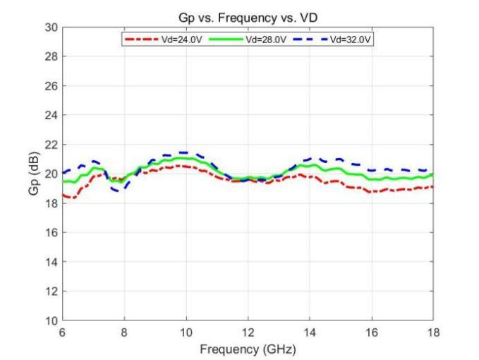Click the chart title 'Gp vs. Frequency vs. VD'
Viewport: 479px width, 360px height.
(x=248, y=17)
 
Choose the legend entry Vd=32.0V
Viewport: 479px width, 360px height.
(x=351, y=39)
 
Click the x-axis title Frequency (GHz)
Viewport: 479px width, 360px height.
(x=248, y=349)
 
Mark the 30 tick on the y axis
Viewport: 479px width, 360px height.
(x=51, y=27)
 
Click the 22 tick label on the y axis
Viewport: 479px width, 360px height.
(x=51, y=144)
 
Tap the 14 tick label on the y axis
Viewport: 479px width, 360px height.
(x=51, y=262)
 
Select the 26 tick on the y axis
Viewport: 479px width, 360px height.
(x=51, y=85)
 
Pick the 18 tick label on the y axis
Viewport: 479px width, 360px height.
(x=51, y=203)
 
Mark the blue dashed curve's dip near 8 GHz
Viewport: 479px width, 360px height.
(x=116, y=191)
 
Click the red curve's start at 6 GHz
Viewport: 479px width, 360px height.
(x=63, y=195)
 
